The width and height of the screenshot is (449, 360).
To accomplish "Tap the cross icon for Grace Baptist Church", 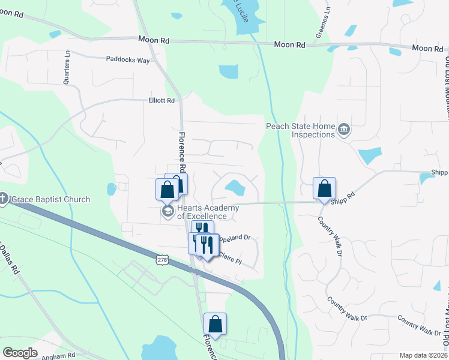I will coord(4,199).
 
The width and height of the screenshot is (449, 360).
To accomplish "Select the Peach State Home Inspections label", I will coord(301,130).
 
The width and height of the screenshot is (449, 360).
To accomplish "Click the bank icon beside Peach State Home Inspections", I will coord(344,130).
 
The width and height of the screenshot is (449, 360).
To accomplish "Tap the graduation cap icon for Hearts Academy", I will coord(166,212).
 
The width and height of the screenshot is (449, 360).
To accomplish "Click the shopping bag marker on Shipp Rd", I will coord(324,188).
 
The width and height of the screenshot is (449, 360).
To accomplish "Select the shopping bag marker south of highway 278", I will coord(215,324).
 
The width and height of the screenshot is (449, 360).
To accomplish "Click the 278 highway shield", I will coord(161,259).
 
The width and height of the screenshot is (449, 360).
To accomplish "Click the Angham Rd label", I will coord(58,355).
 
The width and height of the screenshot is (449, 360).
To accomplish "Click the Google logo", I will coord(20,352).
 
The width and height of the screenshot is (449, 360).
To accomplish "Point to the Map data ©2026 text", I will coord(423,355).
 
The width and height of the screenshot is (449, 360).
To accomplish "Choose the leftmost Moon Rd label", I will coord(153,40).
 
